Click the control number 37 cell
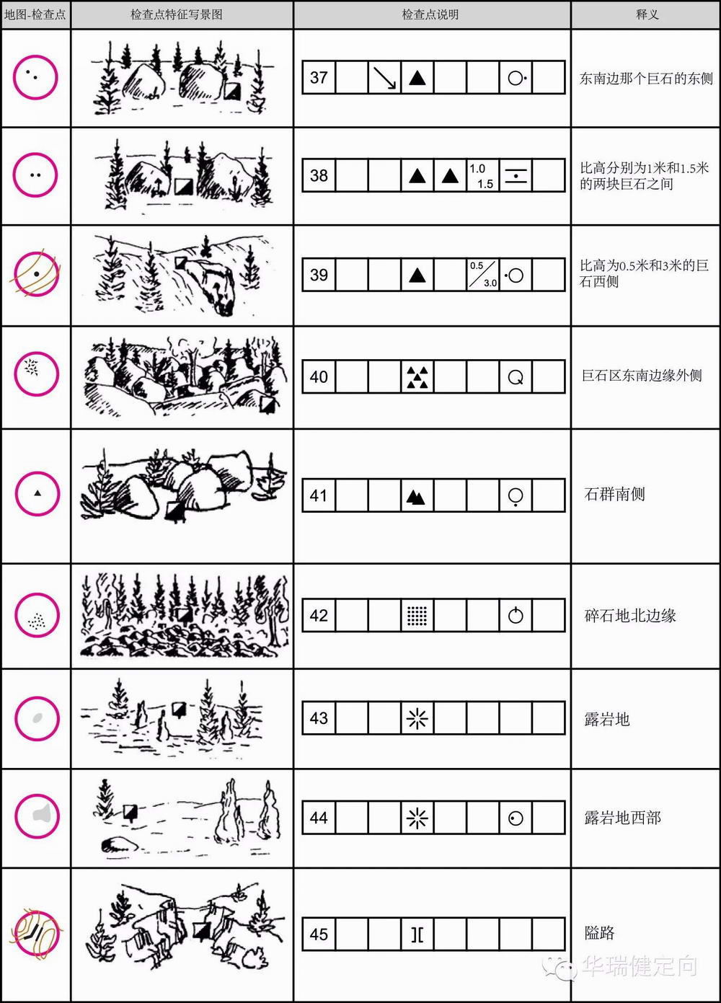click(319, 77)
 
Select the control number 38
click(319, 175)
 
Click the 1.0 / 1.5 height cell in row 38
click(483, 175)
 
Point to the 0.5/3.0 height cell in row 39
click(483, 275)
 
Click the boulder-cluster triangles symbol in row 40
click(417, 377)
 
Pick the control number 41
click(319, 495)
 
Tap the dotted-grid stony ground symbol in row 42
click(417, 615)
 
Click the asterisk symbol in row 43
click(417, 718)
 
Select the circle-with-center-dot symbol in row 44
click(516, 818)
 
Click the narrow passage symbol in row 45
click(417, 934)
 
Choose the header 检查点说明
click(430, 14)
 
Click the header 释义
click(647, 14)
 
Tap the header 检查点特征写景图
click(177, 14)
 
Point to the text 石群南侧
click(614, 495)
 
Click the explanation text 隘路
click(599, 934)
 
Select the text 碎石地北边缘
click(630, 616)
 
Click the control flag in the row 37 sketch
click(232, 91)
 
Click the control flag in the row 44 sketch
click(131, 811)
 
